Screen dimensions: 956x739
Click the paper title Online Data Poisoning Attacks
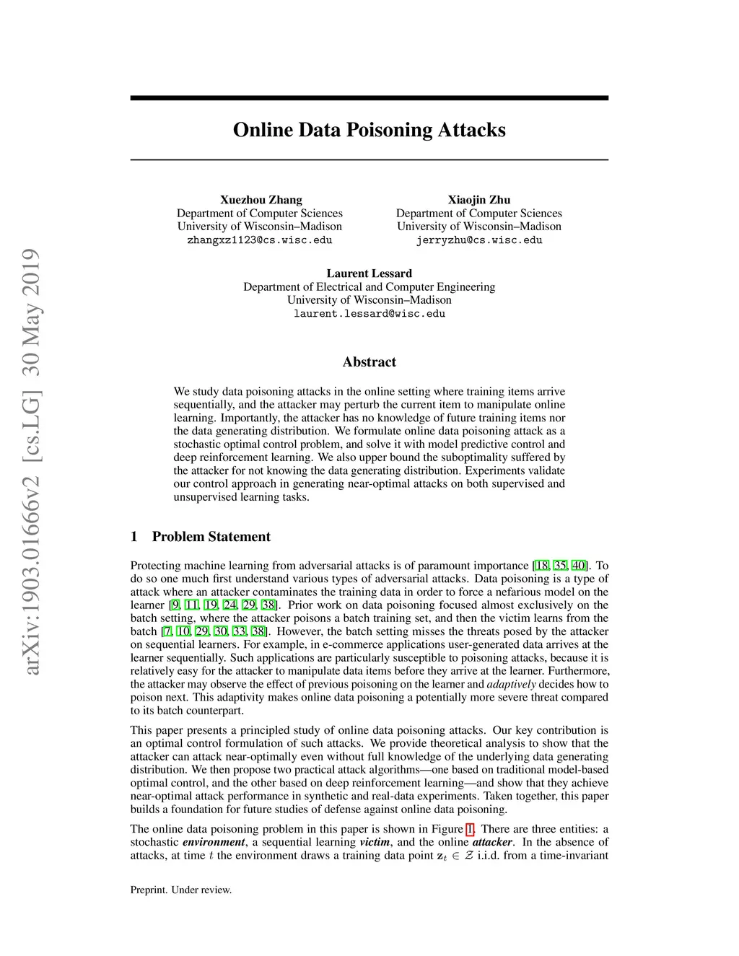click(369, 130)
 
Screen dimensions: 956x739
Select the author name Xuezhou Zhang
click(261, 200)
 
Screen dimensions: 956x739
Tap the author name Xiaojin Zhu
click(478, 200)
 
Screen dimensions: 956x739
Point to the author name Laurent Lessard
click(369, 273)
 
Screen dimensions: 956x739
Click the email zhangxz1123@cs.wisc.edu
click(260, 240)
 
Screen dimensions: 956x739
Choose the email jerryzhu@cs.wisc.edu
click(478, 240)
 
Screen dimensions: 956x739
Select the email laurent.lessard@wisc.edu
click(369, 314)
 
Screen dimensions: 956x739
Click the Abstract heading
click(369, 362)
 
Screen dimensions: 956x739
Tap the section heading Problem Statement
click(211, 537)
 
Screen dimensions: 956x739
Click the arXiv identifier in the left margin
click(32, 462)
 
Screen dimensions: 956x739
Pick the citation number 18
click(541, 566)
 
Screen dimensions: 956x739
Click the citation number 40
click(579, 566)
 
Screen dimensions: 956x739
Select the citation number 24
click(229, 605)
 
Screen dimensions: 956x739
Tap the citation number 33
click(239, 632)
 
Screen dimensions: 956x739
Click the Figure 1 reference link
click(470, 829)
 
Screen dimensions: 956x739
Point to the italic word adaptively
click(511, 685)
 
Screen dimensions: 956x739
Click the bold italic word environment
click(214, 842)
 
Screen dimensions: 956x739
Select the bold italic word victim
click(375, 842)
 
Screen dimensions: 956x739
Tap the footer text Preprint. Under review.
click(181, 890)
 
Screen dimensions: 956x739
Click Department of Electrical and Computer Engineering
click(369, 287)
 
